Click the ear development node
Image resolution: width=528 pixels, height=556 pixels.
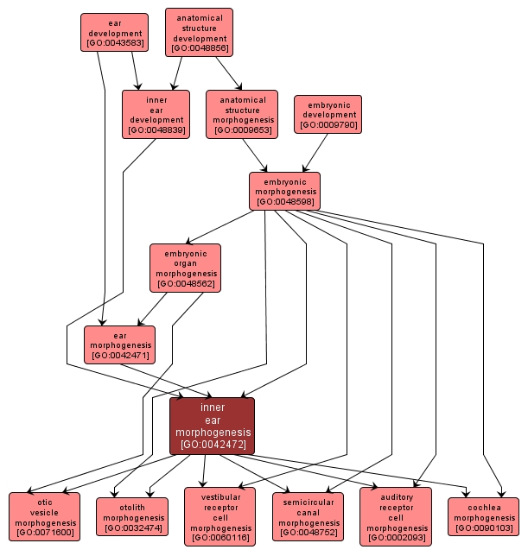coord(114,33)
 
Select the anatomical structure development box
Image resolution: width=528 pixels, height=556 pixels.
coord(199,33)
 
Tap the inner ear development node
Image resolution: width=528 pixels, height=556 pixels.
coord(156,114)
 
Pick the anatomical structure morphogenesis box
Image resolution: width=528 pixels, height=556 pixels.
coord(242,114)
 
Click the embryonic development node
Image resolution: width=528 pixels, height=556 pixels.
coord(328,114)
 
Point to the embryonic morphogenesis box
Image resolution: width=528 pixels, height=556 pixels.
coord(284,191)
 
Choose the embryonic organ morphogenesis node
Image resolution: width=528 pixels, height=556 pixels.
coord(185,268)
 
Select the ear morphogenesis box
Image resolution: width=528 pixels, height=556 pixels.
coord(119,344)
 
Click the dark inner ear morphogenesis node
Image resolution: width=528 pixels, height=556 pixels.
coord(212,426)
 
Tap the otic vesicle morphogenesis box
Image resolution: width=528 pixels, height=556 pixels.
coord(44,516)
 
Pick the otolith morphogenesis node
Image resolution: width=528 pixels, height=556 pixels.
coord(131,516)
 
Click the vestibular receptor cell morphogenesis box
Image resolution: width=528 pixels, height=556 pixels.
coord(219,516)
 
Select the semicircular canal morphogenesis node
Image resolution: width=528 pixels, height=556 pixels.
coord(308,516)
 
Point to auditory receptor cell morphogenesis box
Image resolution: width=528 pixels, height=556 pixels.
coord(395,516)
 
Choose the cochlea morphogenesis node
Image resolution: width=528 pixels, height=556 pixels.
coord(483,516)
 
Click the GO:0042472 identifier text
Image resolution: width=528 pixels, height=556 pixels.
coord(212,445)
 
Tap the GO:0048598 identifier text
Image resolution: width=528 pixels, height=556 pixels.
coord(284,202)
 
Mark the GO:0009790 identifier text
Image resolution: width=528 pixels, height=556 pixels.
coord(328,125)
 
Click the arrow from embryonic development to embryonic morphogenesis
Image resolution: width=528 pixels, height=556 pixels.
coord(315,152)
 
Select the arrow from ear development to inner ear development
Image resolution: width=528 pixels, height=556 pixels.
coord(134,71)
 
